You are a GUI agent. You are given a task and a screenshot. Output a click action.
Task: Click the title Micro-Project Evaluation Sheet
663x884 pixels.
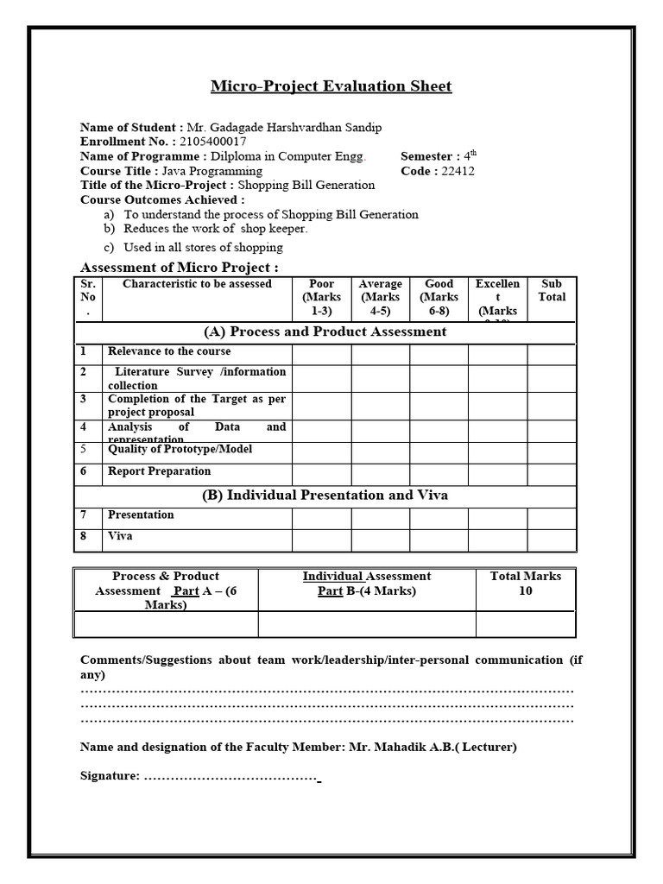(331, 86)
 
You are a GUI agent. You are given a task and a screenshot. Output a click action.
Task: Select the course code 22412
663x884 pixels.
(457, 171)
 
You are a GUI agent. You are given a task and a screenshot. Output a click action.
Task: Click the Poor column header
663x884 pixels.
(321, 298)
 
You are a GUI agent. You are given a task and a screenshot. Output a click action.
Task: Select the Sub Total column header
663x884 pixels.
(552, 291)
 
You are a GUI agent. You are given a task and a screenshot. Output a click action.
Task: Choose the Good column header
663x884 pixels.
(439, 298)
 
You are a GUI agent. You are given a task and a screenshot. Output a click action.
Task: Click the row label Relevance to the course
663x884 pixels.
(169, 352)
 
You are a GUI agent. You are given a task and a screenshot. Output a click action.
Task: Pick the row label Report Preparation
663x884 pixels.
(159, 471)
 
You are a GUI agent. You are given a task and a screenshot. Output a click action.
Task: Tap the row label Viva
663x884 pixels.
(120, 536)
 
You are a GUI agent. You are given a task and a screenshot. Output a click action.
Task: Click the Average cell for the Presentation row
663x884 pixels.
(380, 518)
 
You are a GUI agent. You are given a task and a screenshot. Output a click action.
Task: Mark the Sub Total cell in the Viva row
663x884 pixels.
(552, 540)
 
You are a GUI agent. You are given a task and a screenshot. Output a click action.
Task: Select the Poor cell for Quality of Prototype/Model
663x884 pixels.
(321, 452)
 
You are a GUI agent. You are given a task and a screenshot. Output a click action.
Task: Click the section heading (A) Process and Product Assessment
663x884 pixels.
(325, 331)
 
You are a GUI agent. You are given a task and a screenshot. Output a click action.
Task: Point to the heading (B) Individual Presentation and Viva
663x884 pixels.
(325, 496)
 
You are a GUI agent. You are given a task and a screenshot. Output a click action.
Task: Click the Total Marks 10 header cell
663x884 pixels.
(526, 584)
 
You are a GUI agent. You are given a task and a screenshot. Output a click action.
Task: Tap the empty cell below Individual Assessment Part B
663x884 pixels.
(367, 624)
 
